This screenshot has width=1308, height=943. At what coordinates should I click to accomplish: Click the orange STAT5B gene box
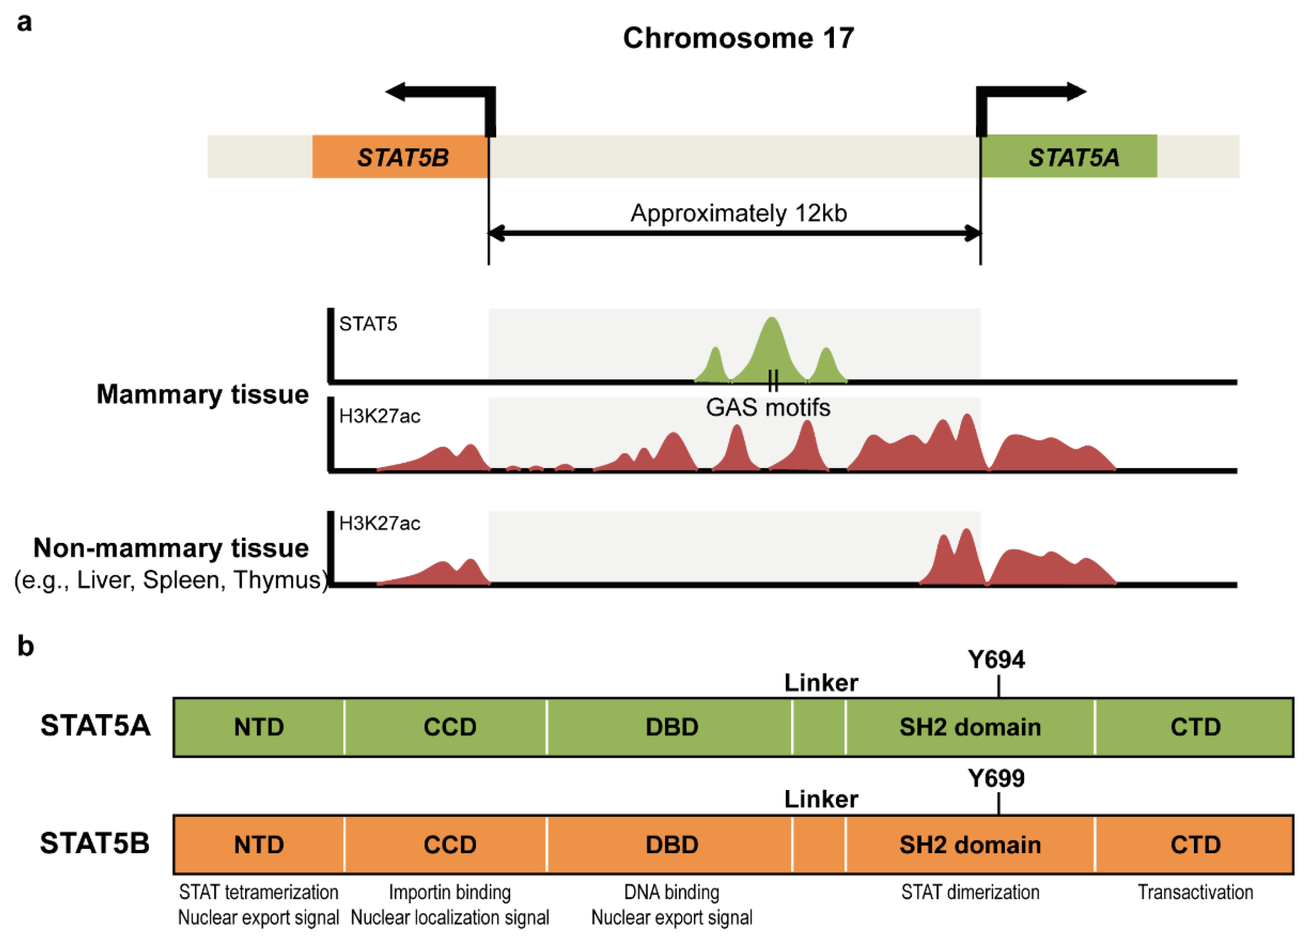coord(400,157)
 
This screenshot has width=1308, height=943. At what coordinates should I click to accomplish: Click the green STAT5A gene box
coord(1069,157)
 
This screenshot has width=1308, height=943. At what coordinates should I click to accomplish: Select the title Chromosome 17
coord(738,38)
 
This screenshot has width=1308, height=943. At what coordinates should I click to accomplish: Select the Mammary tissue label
coord(202,395)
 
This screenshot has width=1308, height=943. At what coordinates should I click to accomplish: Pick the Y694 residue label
coord(997,660)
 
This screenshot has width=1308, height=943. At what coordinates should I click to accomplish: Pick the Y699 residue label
coord(997,779)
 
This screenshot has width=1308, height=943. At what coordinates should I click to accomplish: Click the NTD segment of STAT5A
coord(259,727)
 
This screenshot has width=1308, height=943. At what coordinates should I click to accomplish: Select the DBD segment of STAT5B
coord(672,845)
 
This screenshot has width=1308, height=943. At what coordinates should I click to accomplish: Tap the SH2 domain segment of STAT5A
coord(970,727)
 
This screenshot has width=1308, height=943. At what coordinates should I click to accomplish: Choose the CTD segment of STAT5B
coord(1195,845)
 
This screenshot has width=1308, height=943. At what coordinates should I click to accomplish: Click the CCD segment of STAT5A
coord(450,727)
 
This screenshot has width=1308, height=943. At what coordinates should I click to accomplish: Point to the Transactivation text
coord(1195,892)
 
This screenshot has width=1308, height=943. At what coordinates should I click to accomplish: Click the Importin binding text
coord(450,892)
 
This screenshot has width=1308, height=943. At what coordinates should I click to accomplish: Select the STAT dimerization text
coord(970,892)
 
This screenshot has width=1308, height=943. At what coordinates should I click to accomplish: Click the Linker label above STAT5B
coord(821,799)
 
